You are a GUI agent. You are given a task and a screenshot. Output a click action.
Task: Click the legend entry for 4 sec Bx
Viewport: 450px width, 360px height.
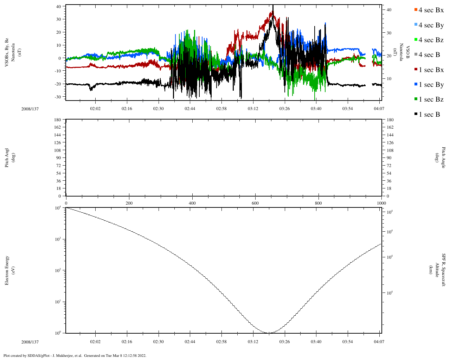pos(429,10)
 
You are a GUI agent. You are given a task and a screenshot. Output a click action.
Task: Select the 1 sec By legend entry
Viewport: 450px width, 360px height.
pos(429,85)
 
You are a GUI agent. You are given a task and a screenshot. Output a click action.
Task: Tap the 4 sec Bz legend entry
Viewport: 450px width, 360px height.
pos(429,40)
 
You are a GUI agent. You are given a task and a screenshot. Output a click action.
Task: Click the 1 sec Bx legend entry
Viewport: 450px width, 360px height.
pos(429,70)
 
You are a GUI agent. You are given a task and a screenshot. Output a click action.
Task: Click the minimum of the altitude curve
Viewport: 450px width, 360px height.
pos(269,333)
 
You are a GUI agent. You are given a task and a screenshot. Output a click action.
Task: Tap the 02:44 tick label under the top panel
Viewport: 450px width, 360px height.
pos(190,109)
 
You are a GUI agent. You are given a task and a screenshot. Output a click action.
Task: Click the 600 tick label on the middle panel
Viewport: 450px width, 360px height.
pos(255,203)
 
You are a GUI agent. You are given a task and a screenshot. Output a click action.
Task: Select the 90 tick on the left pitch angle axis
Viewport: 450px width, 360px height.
pos(58,158)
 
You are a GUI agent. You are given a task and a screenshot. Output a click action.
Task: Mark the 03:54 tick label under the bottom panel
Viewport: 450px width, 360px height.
pos(347,342)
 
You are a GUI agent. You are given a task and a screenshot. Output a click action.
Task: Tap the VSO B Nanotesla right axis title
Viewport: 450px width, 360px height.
pos(404,52)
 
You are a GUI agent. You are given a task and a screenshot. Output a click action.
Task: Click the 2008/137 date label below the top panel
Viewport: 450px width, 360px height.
pos(30,109)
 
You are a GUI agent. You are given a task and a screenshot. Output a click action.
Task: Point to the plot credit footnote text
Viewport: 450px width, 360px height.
pos(75,355)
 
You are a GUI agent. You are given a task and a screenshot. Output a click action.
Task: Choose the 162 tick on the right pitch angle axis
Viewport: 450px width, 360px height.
pos(390,127)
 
